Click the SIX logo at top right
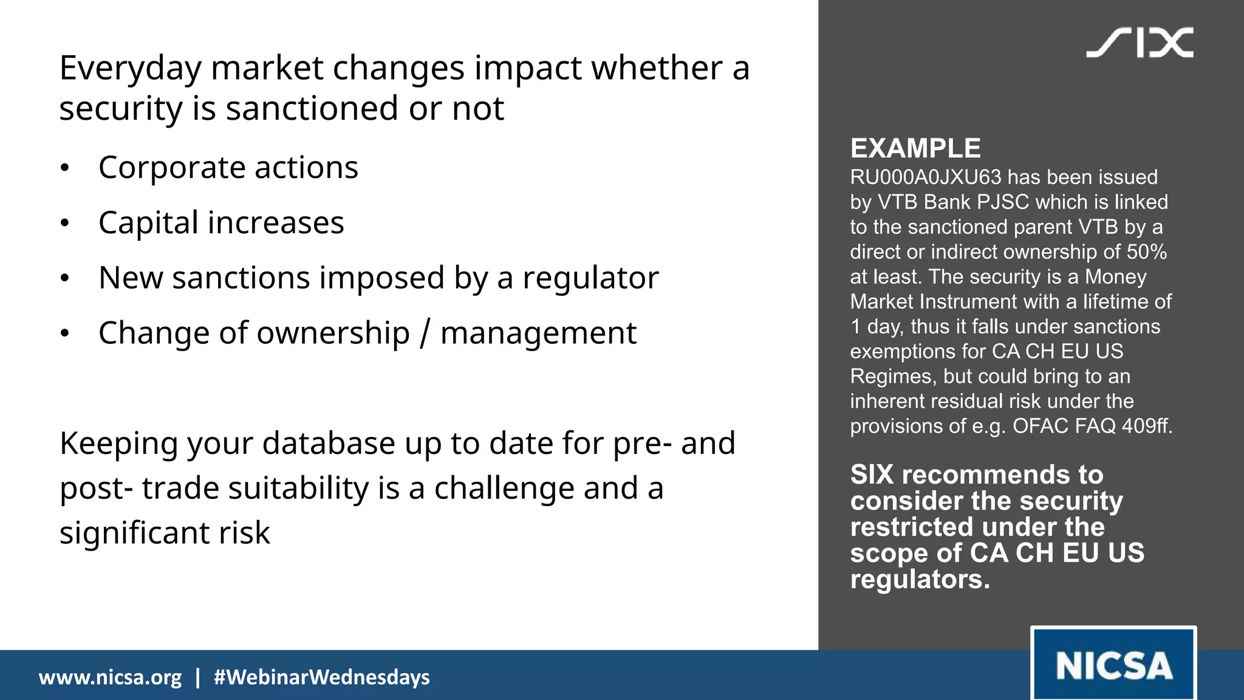[x=1140, y=43]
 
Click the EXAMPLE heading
[x=915, y=148]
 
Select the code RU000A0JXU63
[x=925, y=177]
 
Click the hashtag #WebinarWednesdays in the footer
[x=321, y=677]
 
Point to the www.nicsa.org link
[x=110, y=677]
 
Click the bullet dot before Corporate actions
[x=65, y=168]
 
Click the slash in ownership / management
[x=425, y=334]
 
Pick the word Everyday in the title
[x=130, y=68]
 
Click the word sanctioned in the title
[x=312, y=109]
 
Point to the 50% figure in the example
[x=1146, y=252]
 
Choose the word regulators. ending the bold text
[x=920, y=579]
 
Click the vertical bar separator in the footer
[x=197, y=677]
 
